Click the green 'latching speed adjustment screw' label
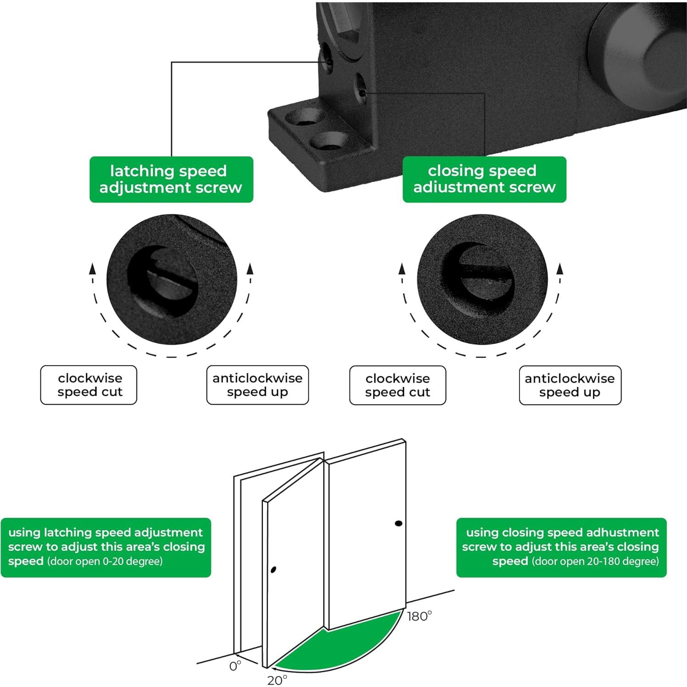171,179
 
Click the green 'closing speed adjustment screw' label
484,179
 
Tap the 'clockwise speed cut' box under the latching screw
89,385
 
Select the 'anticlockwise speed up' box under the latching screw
257,385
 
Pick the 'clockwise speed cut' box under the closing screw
397,385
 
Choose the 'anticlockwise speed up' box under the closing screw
570,385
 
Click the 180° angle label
419,616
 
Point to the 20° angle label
277,680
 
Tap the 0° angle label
235,666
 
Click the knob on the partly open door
274,570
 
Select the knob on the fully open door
398,523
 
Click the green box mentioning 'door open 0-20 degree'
106,547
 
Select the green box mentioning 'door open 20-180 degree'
561,547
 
